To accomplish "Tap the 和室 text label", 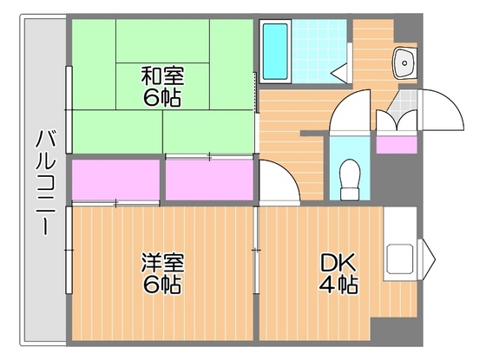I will [162, 77].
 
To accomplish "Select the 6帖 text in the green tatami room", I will [162, 98].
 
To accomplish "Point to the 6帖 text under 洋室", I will [162, 284].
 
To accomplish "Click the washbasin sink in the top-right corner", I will [404, 61].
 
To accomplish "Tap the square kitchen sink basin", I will [401, 259].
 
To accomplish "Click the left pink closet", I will [115, 180].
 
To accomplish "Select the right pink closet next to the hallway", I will [208, 180].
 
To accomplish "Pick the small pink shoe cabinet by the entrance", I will [394, 144].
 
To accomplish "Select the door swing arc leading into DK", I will [277, 183].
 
